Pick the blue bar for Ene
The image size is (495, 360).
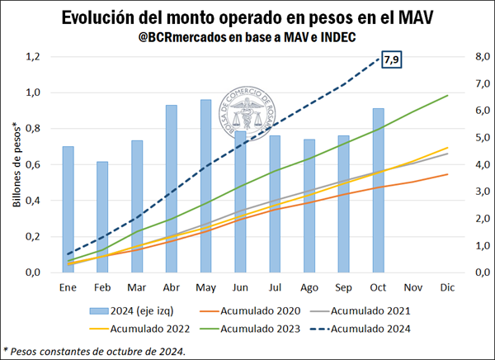[x=68, y=209]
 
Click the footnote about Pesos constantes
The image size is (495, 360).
[x=95, y=351]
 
